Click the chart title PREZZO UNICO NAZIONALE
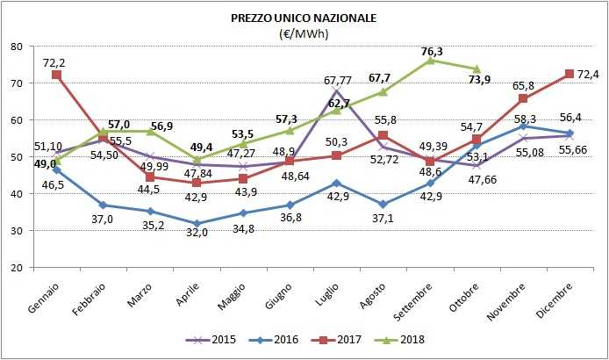click(303, 18)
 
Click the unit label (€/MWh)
click(303, 33)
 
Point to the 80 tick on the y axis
click(18, 47)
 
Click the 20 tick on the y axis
click(18, 268)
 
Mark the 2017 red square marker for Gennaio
click(57, 76)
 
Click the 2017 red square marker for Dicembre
click(569, 74)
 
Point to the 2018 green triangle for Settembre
click(430, 61)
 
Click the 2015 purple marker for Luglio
click(336, 91)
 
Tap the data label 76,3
click(432, 50)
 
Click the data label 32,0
click(195, 234)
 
